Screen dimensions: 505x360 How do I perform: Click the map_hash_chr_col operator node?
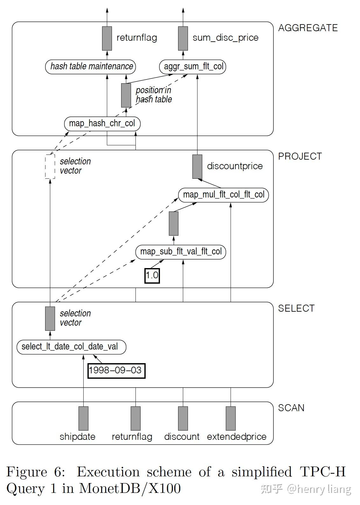[102, 123]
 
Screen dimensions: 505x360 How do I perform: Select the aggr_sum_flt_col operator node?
[193, 67]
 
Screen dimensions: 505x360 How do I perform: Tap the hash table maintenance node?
[91, 66]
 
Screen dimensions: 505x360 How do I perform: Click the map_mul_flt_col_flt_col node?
[224, 195]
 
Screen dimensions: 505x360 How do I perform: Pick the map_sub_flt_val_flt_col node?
[181, 252]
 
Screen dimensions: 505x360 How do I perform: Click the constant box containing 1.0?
[152, 275]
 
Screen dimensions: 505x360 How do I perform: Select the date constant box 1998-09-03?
[116, 370]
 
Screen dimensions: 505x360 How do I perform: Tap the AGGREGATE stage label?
[308, 28]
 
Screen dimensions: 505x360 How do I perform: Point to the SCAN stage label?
[291, 408]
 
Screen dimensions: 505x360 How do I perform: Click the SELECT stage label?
[296, 308]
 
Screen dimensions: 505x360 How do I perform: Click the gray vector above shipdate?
[83, 418]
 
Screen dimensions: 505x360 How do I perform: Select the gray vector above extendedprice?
[231, 418]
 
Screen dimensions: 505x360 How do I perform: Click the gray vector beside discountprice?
[197, 166]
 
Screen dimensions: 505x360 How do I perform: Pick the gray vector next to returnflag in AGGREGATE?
[107, 38]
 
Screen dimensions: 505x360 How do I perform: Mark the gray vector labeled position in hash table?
[126, 95]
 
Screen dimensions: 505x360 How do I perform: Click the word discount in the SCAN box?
[182, 437]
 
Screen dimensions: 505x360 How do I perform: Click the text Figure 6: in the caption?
[36, 472]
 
